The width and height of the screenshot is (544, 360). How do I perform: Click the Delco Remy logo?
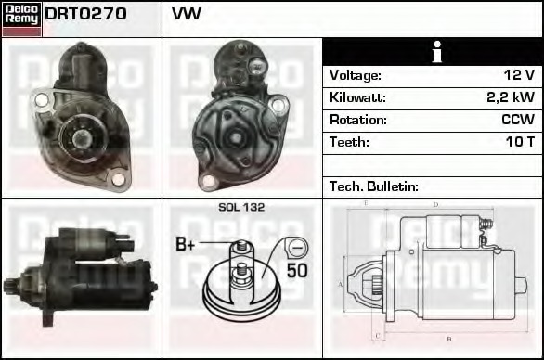coord(21,18)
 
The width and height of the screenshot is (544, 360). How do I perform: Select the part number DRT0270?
coord(86,15)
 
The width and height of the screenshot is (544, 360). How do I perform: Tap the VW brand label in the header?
coord(187,15)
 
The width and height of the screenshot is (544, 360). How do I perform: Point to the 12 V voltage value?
coord(517,75)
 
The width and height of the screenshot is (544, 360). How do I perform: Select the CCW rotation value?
coord(518,120)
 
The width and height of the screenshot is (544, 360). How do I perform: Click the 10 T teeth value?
coord(519,142)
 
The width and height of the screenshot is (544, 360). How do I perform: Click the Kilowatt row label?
coord(357,97)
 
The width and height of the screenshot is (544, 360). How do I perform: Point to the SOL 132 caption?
coord(240,208)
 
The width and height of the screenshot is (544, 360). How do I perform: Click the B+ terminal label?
coord(186,245)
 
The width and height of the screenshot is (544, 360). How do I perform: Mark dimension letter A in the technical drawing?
coord(341,284)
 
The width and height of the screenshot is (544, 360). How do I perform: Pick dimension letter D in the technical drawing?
coord(435,204)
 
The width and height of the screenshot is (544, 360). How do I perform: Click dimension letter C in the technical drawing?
coord(374,335)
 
